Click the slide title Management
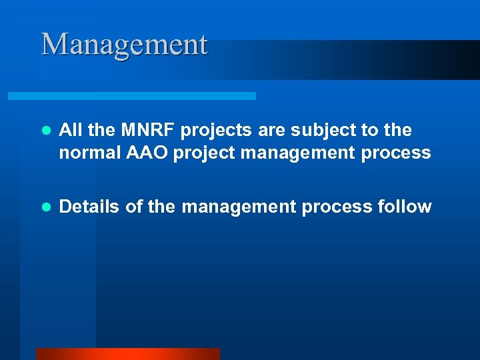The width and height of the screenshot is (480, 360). [x=125, y=45]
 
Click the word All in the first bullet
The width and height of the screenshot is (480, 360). [x=71, y=130]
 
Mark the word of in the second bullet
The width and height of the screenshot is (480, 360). [x=134, y=207]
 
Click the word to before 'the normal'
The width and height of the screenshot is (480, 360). [x=376, y=131]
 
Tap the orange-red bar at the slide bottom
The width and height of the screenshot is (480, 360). [x=127, y=353]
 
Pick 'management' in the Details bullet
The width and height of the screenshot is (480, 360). [x=238, y=207]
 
